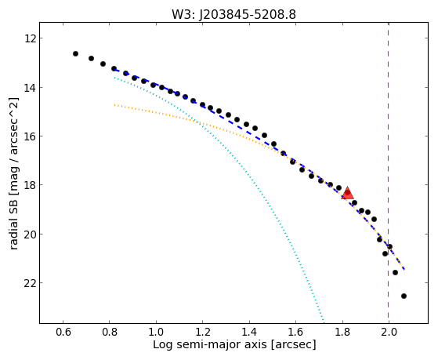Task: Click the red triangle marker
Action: pyautogui.click(x=347, y=193)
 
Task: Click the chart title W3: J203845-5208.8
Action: pyautogui.click(x=233, y=15)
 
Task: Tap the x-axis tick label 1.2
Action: pyautogui.click(x=202, y=333)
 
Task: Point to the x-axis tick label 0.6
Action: pyautogui.click(x=63, y=333)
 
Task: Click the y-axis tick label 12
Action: pyautogui.click(x=30, y=38)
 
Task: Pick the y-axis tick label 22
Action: pyautogui.click(x=30, y=283)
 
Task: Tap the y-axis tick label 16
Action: pyautogui.click(x=30, y=136)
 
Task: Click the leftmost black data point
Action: pyautogui.click(x=75, y=53)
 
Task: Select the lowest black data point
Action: pyautogui.click(x=404, y=296)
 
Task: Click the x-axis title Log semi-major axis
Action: pyautogui.click(x=210, y=344)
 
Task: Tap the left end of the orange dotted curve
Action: pyautogui.click(x=114, y=105)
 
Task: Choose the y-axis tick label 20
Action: pyautogui.click(x=30, y=235)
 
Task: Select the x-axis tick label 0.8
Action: pyautogui.click(x=110, y=333)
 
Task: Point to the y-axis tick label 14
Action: pyautogui.click(x=30, y=88)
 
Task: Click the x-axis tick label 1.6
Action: pyautogui.click(x=296, y=333)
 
